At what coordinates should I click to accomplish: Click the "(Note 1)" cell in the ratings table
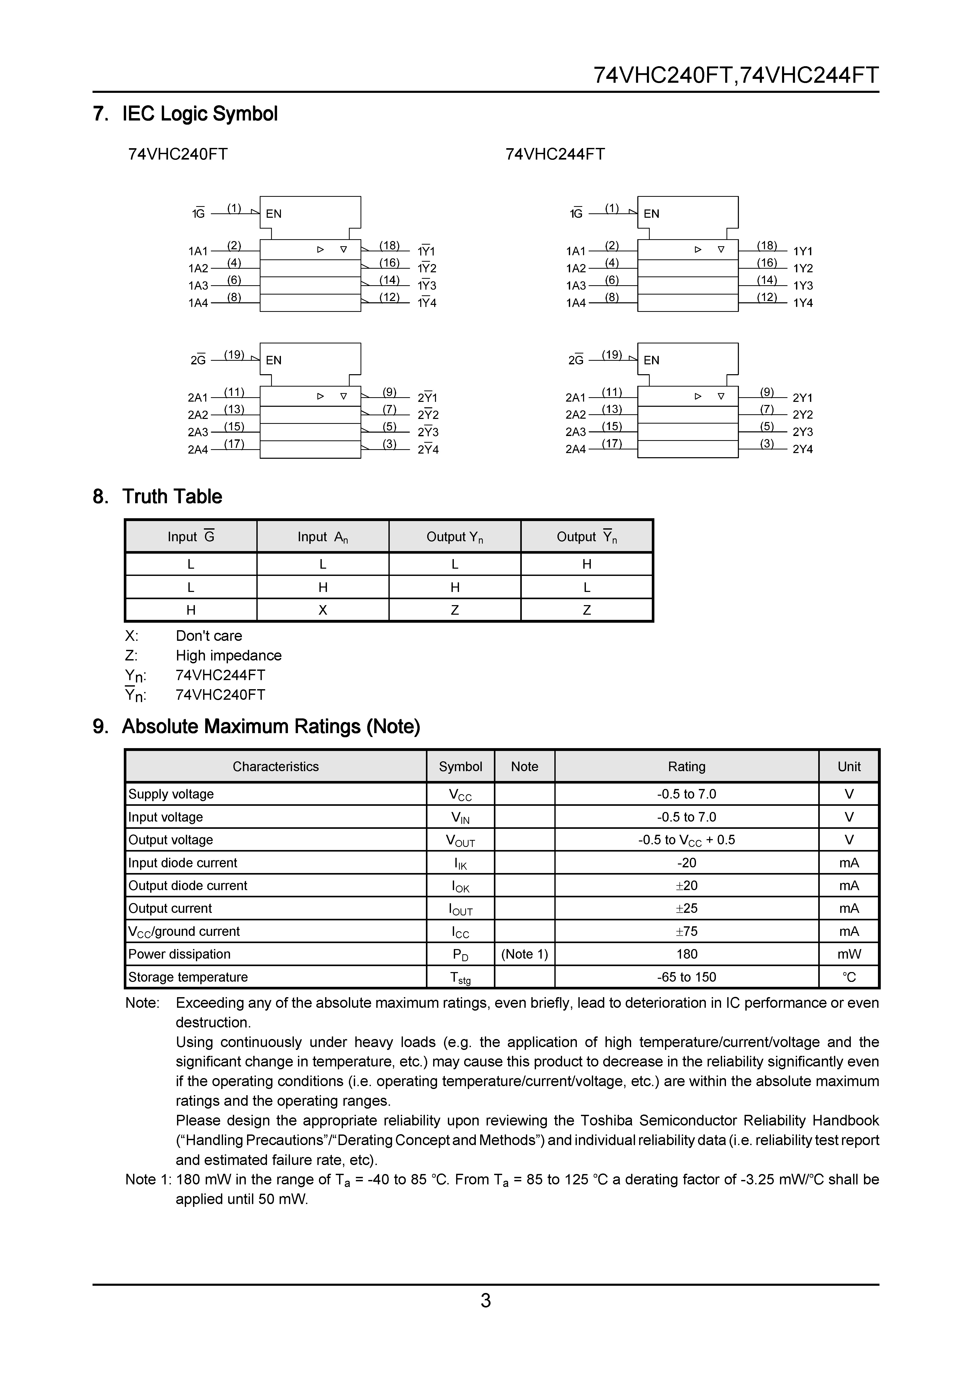[525, 954]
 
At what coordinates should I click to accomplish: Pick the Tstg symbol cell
[461, 978]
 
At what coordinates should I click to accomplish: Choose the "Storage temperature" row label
[188, 977]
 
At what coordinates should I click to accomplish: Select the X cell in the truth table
[323, 610]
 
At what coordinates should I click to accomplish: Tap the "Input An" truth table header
[323, 537]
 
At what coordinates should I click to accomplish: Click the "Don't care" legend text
[209, 636]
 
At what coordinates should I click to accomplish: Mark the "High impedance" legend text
[229, 656]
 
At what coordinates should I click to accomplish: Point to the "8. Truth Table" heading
[157, 497]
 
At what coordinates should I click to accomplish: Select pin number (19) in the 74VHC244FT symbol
[611, 355]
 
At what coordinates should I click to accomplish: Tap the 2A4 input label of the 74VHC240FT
[198, 449]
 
